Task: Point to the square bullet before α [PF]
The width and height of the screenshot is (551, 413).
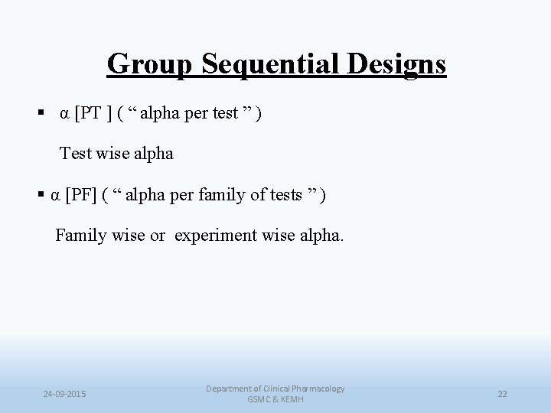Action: tap(41, 196)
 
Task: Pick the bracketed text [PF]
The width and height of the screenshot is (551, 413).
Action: tap(81, 196)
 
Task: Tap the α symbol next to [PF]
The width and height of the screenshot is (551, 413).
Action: tap(56, 196)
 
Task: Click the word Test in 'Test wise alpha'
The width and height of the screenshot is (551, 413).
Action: tap(76, 154)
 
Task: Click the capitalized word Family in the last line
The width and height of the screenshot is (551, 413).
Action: tap(80, 236)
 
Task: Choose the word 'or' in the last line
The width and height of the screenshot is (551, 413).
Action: tap(157, 236)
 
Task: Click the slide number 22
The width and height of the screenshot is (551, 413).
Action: tap(502, 394)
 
